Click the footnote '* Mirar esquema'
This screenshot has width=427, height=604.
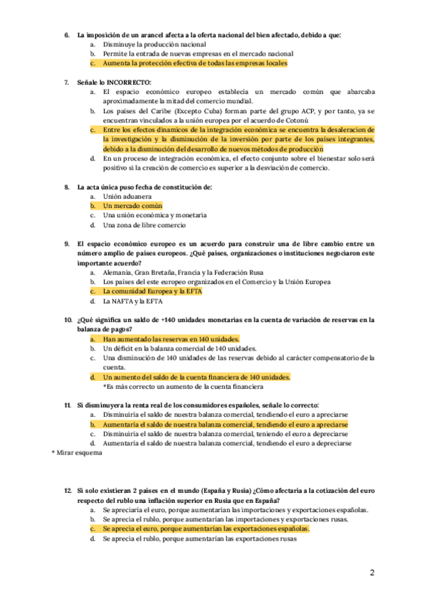pyautogui.click(x=77, y=452)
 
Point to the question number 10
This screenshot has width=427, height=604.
pyautogui.click(x=69, y=320)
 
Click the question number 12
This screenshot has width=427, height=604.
pyautogui.click(x=68, y=491)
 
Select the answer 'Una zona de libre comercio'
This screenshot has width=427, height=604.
pyautogui.click(x=144, y=224)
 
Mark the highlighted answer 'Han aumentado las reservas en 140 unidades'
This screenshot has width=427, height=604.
pyautogui.click(x=171, y=339)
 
